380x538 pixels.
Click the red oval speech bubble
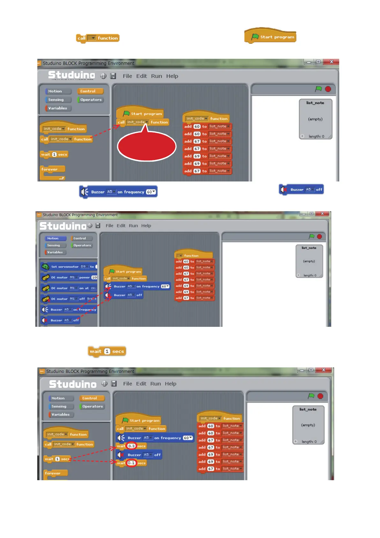147,147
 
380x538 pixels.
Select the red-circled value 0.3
131,446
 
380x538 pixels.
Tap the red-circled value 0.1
131,463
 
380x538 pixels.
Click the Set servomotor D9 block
69,266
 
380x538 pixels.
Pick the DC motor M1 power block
69,277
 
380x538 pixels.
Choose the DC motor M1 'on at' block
69,288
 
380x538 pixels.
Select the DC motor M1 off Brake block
69,299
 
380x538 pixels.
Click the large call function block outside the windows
98,38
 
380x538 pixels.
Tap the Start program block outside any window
271,37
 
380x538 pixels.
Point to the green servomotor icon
45,266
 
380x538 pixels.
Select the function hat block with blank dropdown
193,255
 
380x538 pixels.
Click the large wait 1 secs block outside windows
107,351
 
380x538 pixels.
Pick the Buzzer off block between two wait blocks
139,455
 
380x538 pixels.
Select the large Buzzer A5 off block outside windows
301,190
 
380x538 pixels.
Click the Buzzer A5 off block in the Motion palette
61,320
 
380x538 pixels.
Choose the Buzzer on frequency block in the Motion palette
69,310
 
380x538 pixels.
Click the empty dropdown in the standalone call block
92,38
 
